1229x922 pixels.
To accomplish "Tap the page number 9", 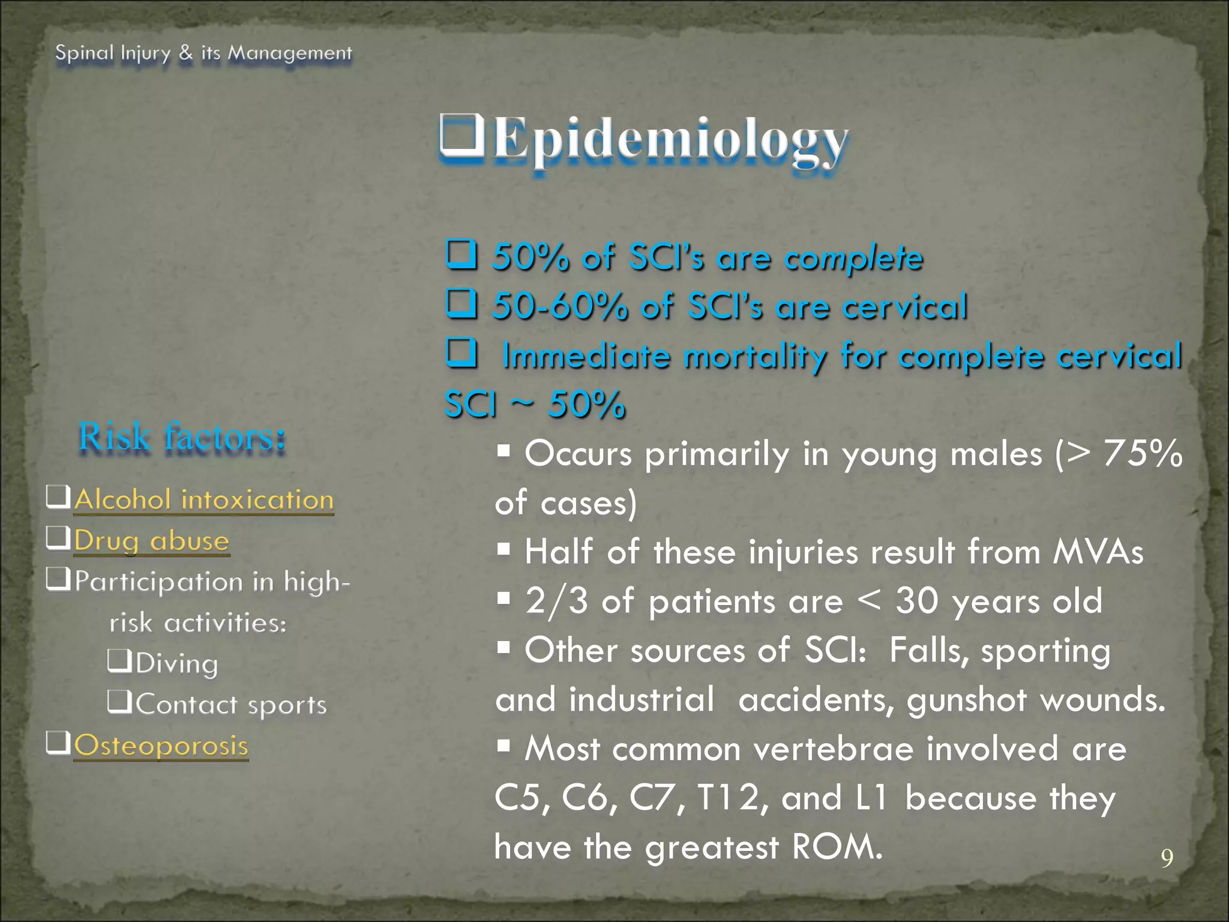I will point(1167,858).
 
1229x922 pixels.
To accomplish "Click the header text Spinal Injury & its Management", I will point(203,53).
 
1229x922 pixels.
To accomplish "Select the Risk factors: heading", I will point(182,436).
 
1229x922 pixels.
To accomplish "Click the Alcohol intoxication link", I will point(203,500).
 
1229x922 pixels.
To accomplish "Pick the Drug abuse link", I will point(151,541).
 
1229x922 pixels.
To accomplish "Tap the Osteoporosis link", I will point(161,746).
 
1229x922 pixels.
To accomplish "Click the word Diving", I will point(176,664).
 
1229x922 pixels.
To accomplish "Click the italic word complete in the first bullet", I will point(854,258).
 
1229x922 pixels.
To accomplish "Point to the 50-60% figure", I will point(559,306).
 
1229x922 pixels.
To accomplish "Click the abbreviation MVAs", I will point(1098,552).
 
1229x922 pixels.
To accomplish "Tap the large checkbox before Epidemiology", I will point(462,136).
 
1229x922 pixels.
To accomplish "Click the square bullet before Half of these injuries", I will point(503,549).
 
